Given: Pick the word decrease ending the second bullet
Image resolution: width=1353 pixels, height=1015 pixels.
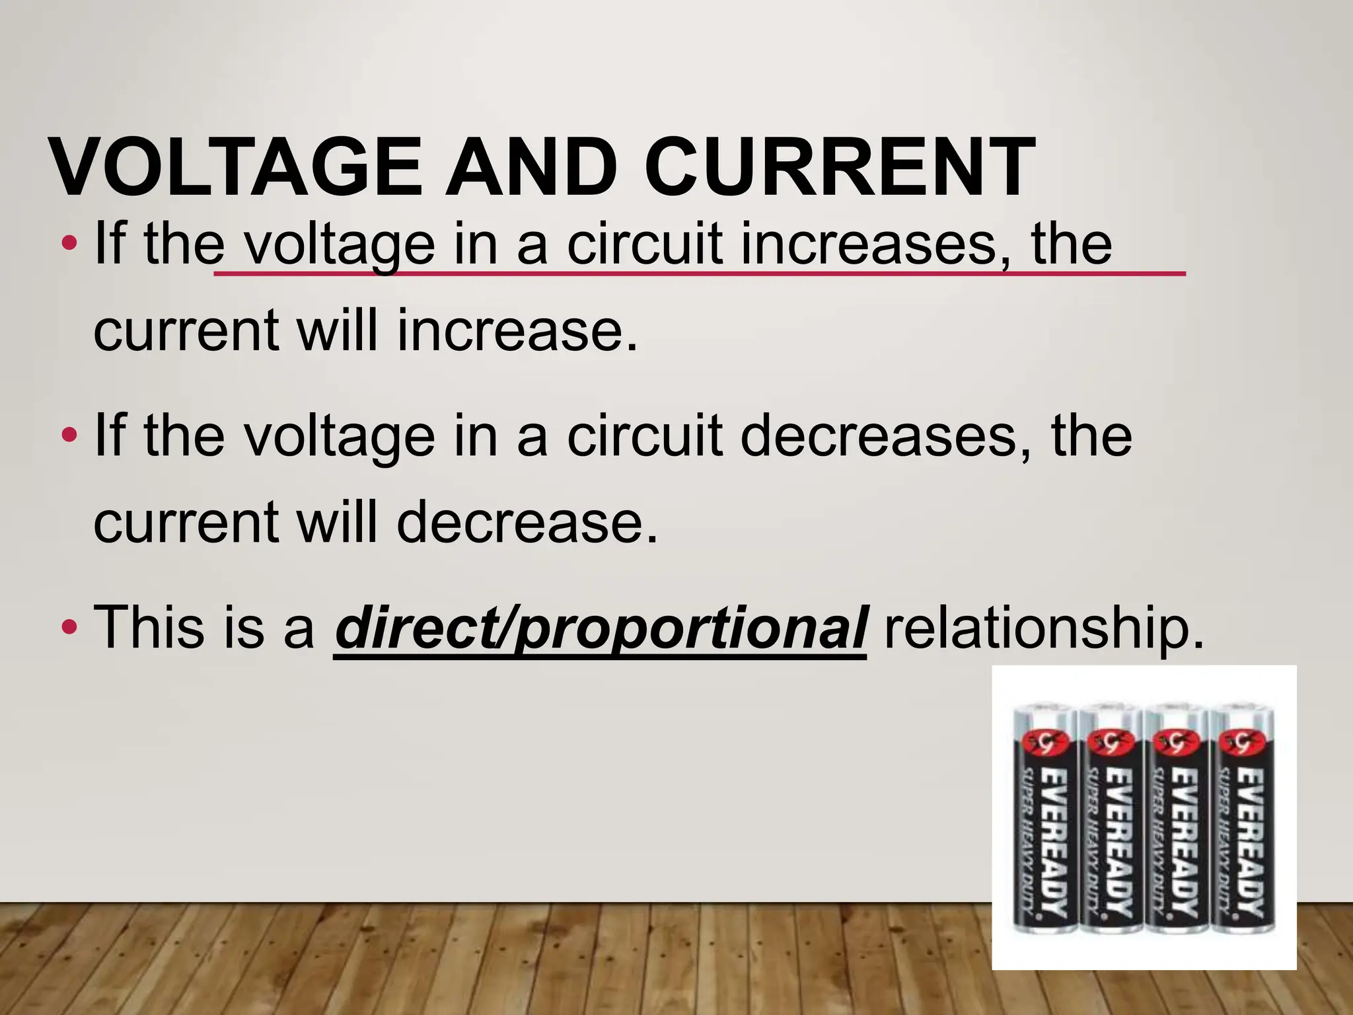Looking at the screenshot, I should [x=528, y=522].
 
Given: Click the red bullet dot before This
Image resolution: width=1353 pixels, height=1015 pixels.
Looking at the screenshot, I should [x=68, y=626].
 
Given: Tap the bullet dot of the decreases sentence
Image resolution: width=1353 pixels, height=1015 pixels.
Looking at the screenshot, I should [x=68, y=435].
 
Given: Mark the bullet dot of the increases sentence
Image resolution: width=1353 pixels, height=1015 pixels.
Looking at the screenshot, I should [x=68, y=244].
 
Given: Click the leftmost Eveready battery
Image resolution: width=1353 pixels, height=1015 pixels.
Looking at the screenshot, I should [x=1044, y=819].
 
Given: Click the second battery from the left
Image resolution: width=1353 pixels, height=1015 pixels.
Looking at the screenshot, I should [x=1110, y=819].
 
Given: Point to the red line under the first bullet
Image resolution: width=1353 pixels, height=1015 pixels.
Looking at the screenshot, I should [x=700, y=272].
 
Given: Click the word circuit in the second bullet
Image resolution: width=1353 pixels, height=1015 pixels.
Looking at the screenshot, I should [x=643, y=436].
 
